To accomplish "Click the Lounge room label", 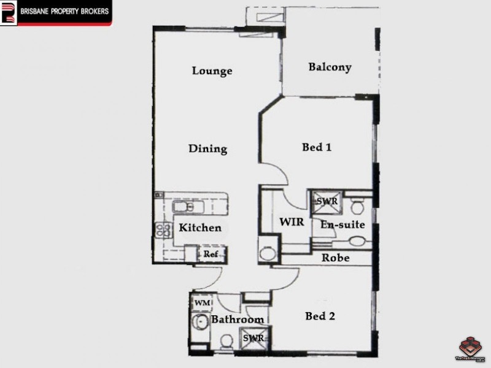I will point(212,71).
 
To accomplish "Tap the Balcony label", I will point(330,67).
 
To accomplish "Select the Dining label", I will point(207,148).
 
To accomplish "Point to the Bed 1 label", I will point(317,147).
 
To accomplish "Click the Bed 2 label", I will point(320,316).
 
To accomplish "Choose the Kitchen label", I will point(200,228).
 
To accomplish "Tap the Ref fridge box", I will point(211,254).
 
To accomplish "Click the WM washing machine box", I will point(201,304).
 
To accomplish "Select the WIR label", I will point(292,222).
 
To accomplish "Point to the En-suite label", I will point(342,225).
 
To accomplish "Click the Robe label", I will point(336,258).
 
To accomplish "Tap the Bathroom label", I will point(238,320).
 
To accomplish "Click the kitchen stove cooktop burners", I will point(164,231).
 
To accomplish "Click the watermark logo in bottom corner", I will point(471,347).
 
